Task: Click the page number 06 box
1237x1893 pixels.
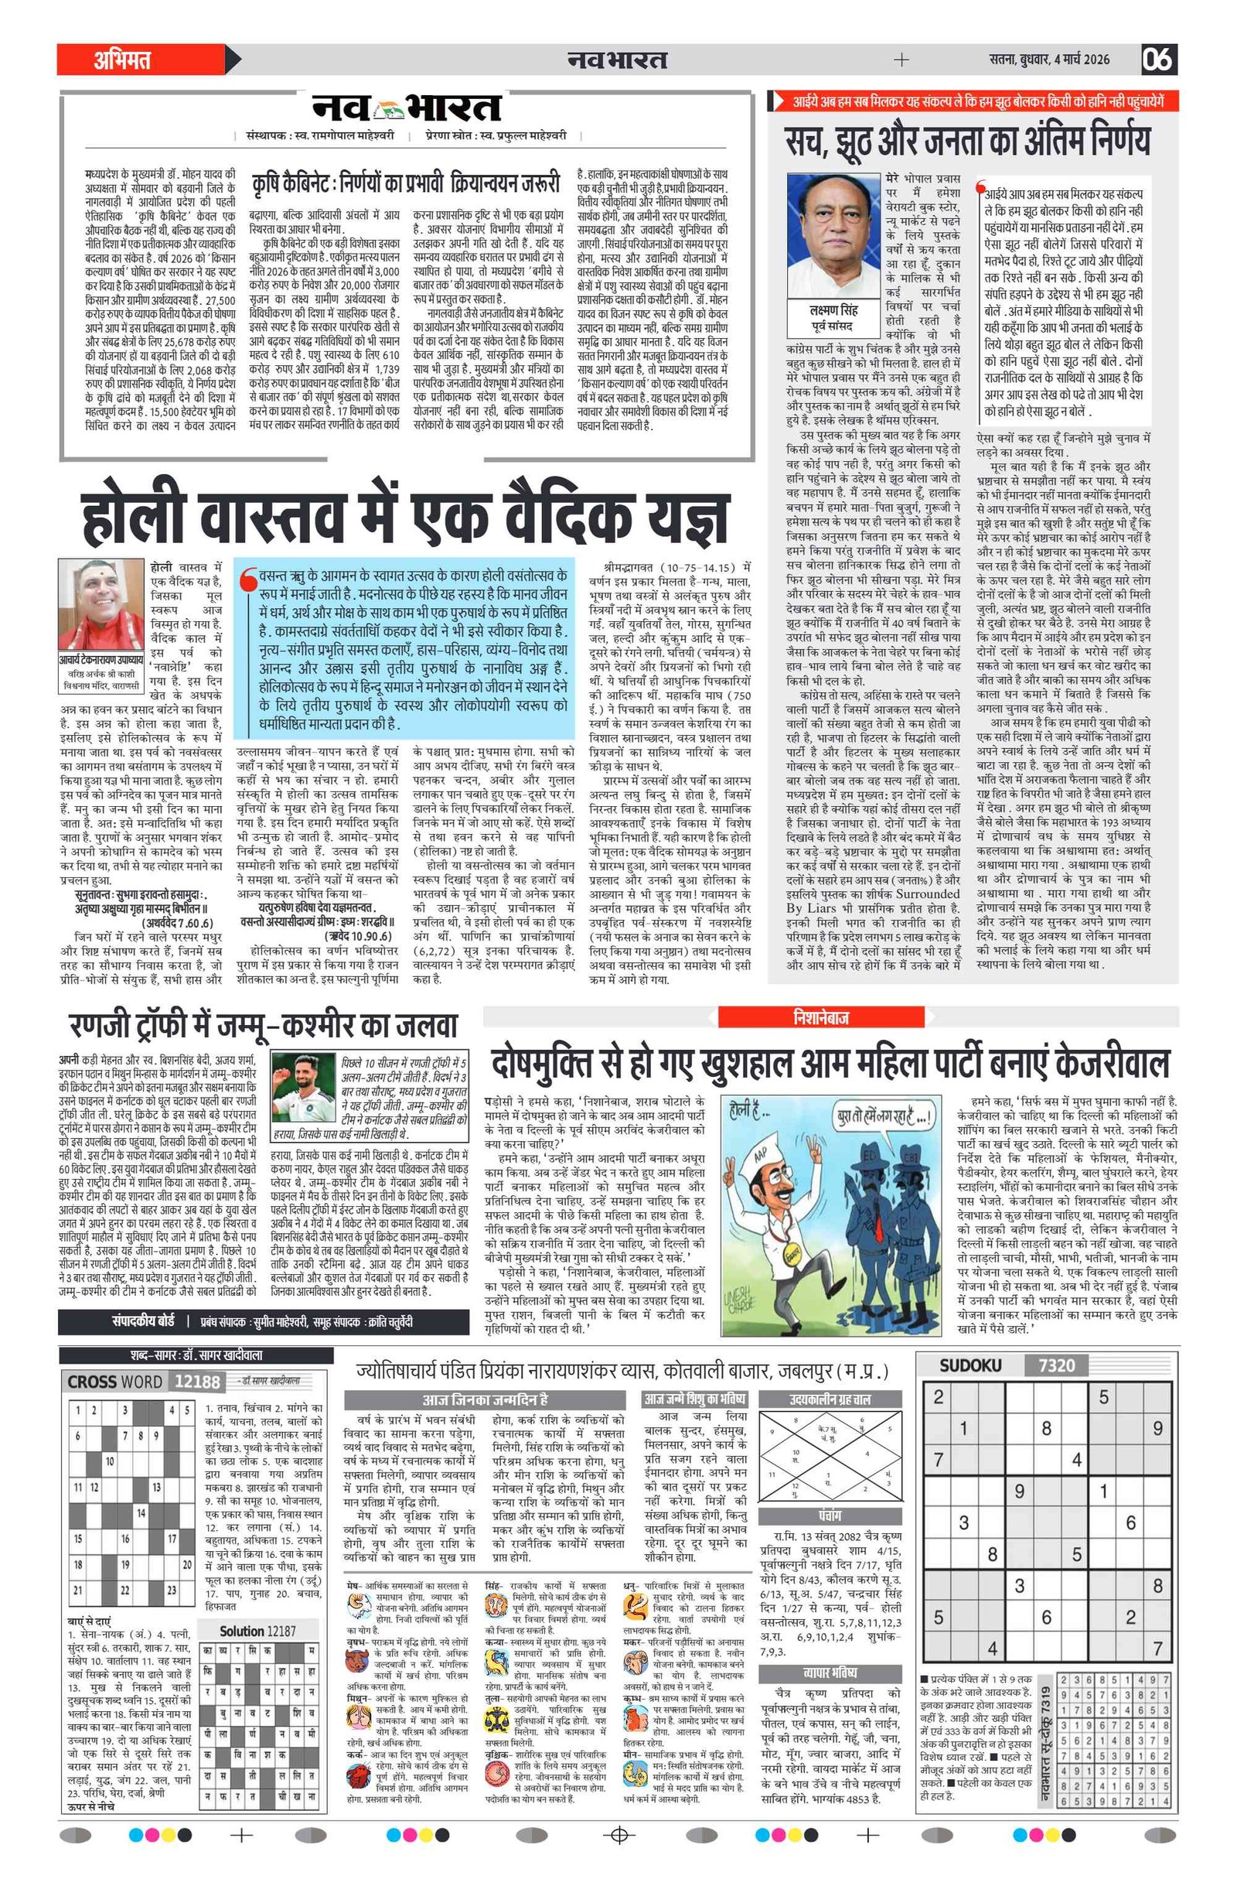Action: (1158, 60)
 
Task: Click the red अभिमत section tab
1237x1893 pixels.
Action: (123, 60)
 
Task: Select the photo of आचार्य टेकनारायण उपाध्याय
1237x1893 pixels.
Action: (101, 604)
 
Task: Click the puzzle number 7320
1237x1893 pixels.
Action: (1057, 1365)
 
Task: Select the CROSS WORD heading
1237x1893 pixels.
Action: (115, 1382)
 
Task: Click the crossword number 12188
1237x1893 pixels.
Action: (197, 1382)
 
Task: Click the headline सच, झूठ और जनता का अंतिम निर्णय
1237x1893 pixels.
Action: (967, 140)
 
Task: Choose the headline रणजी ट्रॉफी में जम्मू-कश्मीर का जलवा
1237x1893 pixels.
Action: (262, 1026)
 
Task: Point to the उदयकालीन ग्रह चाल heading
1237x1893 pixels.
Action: (830, 1399)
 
